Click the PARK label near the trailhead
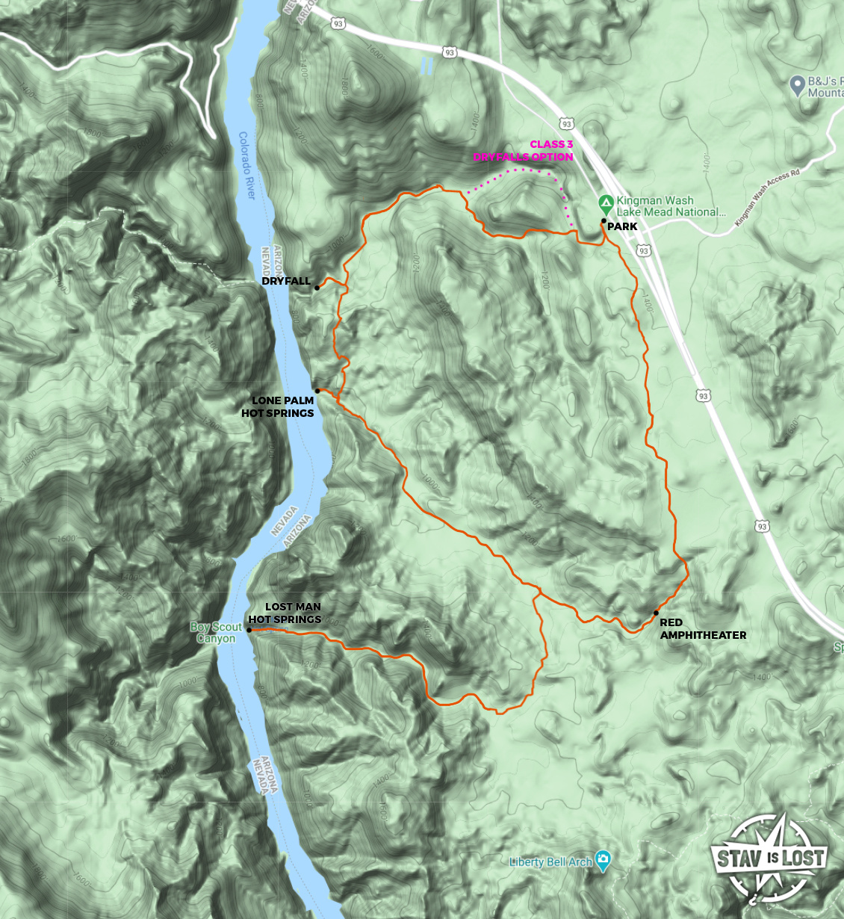622,226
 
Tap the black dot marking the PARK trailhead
603,221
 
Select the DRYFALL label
286,281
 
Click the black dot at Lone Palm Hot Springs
317,391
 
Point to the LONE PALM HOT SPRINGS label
278,406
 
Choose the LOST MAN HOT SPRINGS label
285,613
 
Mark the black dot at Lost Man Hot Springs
249,630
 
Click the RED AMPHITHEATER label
702,628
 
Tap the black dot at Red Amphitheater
656,613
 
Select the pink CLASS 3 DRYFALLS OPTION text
524,150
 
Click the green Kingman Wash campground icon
606,202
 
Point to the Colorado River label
246,165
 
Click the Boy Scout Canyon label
216,632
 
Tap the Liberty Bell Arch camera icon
603,859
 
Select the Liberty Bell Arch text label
550,861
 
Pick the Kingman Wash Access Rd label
767,197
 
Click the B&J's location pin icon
797,85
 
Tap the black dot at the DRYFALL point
317,288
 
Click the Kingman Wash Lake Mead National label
670,206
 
